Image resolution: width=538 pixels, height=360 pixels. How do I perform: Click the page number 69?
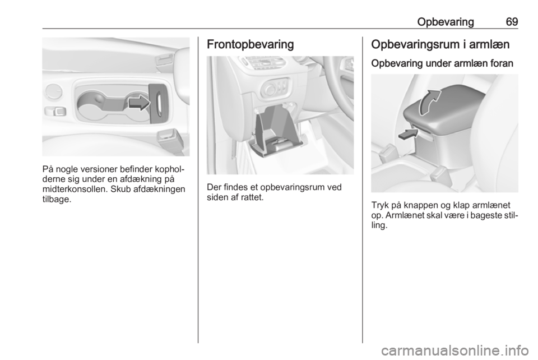pos(512,22)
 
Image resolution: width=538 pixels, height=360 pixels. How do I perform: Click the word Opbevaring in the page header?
pos(446,22)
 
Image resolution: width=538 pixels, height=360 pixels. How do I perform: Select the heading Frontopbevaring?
pos(251,45)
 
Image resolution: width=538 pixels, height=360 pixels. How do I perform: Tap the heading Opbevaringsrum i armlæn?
pos(440,45)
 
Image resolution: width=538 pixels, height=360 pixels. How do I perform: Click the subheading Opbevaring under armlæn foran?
pos(442,63)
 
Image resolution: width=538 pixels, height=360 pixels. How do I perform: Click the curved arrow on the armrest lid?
pos(429,102)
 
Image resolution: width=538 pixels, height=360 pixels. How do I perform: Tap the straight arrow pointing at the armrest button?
pos(409,135)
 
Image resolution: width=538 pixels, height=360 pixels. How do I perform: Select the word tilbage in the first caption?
pos(55,200)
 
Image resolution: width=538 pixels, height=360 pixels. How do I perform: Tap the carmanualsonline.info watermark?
pos(454,350)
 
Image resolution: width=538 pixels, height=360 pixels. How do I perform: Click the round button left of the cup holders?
pos(54,92)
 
